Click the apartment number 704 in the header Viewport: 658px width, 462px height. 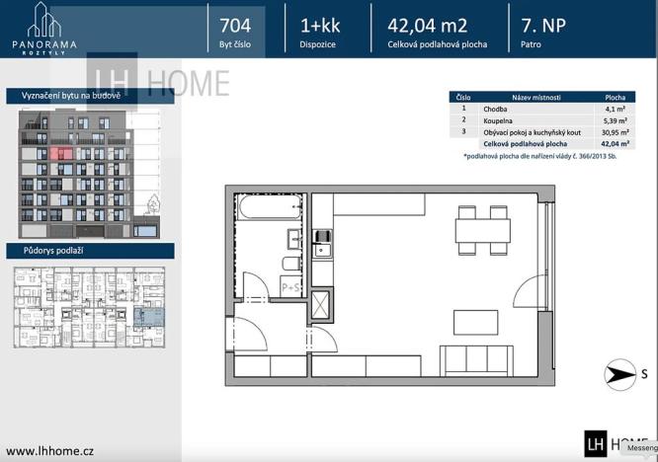click(x=235, y=26)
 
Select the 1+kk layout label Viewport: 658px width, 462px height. click(x=318, y=26)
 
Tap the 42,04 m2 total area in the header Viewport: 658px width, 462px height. click(x=428, y=26)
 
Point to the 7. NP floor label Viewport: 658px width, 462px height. click(x=544, y=26)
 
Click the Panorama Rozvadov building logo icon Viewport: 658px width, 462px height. click(x=42, y=19)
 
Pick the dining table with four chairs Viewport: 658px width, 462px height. click(x=482, y=230)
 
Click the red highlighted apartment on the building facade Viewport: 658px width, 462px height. click(x=61, y=154)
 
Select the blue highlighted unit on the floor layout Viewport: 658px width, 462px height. click(x=151, y=318)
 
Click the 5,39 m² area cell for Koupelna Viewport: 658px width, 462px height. click(x=615, y=120)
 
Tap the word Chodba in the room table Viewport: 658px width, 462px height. click(x=495, y=110)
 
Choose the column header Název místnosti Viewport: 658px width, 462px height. click(x=536, y=98)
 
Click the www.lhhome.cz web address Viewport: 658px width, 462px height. click(x=50, y=450)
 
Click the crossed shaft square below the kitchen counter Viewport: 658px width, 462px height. click(x=321, y=304)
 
